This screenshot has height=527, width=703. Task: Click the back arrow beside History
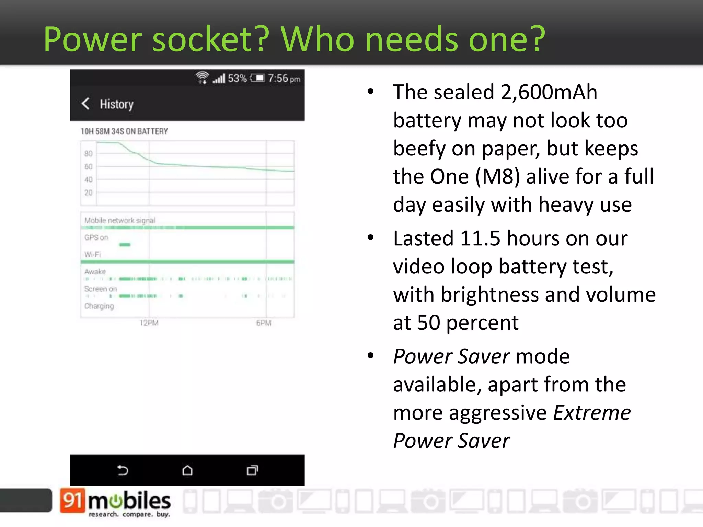click(85, 104)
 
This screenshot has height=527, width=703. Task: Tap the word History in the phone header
click(117, 104)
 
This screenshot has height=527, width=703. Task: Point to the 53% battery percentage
click(237, 79)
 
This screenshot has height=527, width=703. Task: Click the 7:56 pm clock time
click(284, 79)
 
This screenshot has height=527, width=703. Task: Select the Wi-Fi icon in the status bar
click(202, 78)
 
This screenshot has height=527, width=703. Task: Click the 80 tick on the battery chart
click(89, 153)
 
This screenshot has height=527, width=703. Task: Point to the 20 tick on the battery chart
click(89, 192)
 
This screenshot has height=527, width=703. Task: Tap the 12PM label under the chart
click(149, 323)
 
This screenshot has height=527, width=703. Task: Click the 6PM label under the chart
click(264, 323)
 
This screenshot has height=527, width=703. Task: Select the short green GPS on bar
click(125, 245)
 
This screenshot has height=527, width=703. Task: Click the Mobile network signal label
click(120, 220)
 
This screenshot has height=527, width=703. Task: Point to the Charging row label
click(99, 306)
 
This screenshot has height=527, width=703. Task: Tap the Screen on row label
click(101, 289)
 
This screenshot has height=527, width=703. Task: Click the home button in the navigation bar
click(187, 470)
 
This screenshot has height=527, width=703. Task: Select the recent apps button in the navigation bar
click(252, 470)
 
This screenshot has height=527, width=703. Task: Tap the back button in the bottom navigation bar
click(123, 470)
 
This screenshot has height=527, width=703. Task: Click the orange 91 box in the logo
click(72, 500)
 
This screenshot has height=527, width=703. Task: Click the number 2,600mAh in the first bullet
click(549, 92)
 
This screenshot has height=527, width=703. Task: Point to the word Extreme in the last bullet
click(592, 413)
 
